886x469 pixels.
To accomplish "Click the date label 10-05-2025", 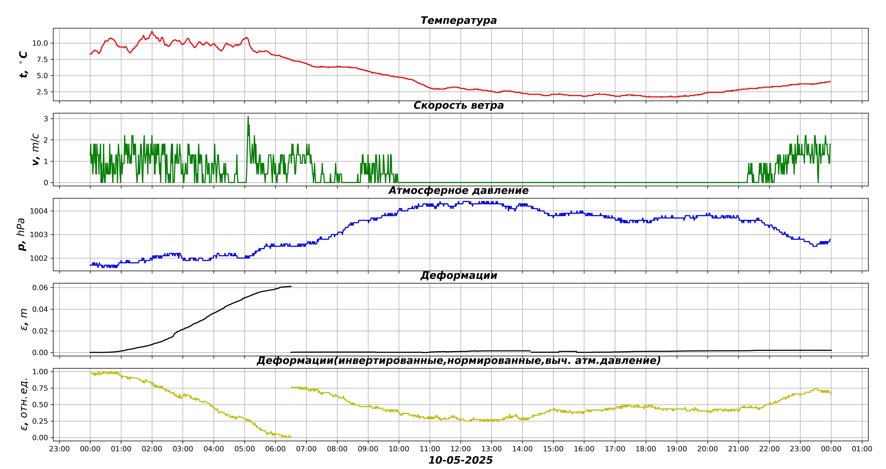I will (x=460, y=460).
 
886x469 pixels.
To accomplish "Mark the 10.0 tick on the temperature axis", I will (x=40, y=43).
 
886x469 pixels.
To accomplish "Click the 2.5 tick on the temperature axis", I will (x=42, y=92).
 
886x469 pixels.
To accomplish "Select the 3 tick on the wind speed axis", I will (x=46, y=119).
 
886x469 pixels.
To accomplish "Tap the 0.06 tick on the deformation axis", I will (x=40, y=287).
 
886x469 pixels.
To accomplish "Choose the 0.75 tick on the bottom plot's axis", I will (x=40, y=388).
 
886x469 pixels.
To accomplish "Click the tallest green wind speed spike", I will (x=248, y=117).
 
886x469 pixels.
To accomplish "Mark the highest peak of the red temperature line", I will (x=152, y=32).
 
